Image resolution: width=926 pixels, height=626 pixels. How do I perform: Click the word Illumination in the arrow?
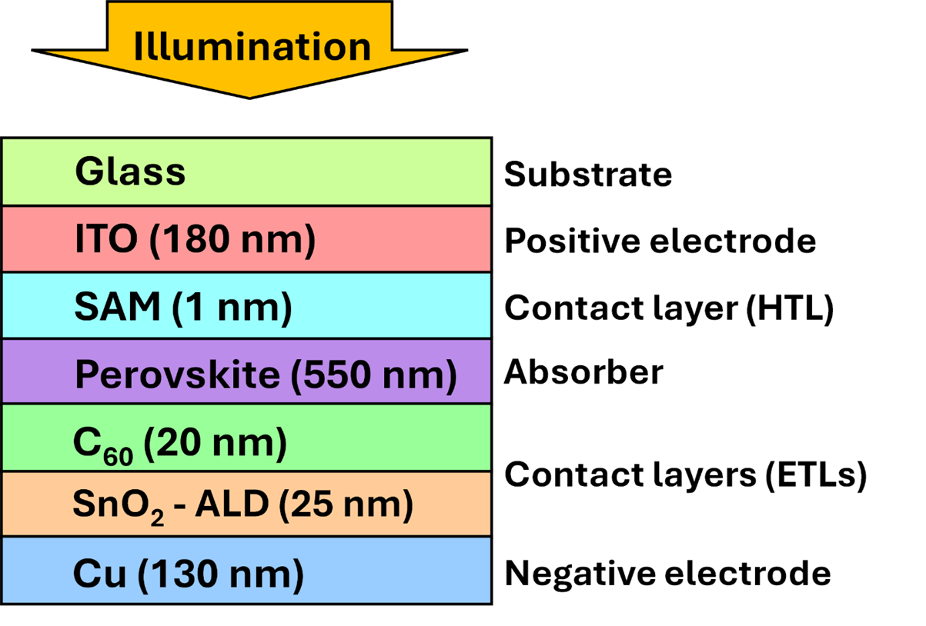[252, 46]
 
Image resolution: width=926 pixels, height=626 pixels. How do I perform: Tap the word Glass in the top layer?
[130, 171]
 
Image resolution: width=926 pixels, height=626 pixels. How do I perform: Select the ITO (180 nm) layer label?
[195, 241]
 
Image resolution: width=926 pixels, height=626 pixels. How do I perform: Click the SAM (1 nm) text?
[183, 308]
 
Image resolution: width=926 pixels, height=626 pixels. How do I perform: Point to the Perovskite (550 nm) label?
[266, 375]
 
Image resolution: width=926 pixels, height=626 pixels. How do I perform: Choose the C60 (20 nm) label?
[179, 445]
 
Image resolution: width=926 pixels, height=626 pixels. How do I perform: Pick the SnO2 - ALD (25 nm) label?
[242, 505]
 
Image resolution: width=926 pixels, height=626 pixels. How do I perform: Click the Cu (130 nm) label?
[188, 574]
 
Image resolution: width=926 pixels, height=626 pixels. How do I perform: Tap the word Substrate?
[587, 175]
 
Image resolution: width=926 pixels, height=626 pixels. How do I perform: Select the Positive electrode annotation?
[660, 241]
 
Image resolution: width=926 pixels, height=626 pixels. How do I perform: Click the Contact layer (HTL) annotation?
[669, 309]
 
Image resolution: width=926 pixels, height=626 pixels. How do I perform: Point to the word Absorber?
[583, 373]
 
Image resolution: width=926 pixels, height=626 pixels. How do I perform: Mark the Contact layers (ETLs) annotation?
[685, 475]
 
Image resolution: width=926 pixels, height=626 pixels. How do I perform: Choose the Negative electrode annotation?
[667, 574]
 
